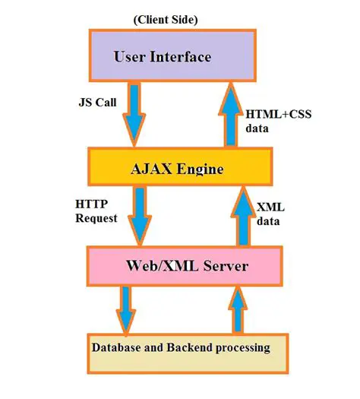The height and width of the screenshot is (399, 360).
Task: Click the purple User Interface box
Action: pos(162,57)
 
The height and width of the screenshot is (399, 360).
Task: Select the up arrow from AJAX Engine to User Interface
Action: pos(229,114)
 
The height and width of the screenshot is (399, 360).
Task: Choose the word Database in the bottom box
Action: pos(118,349)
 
